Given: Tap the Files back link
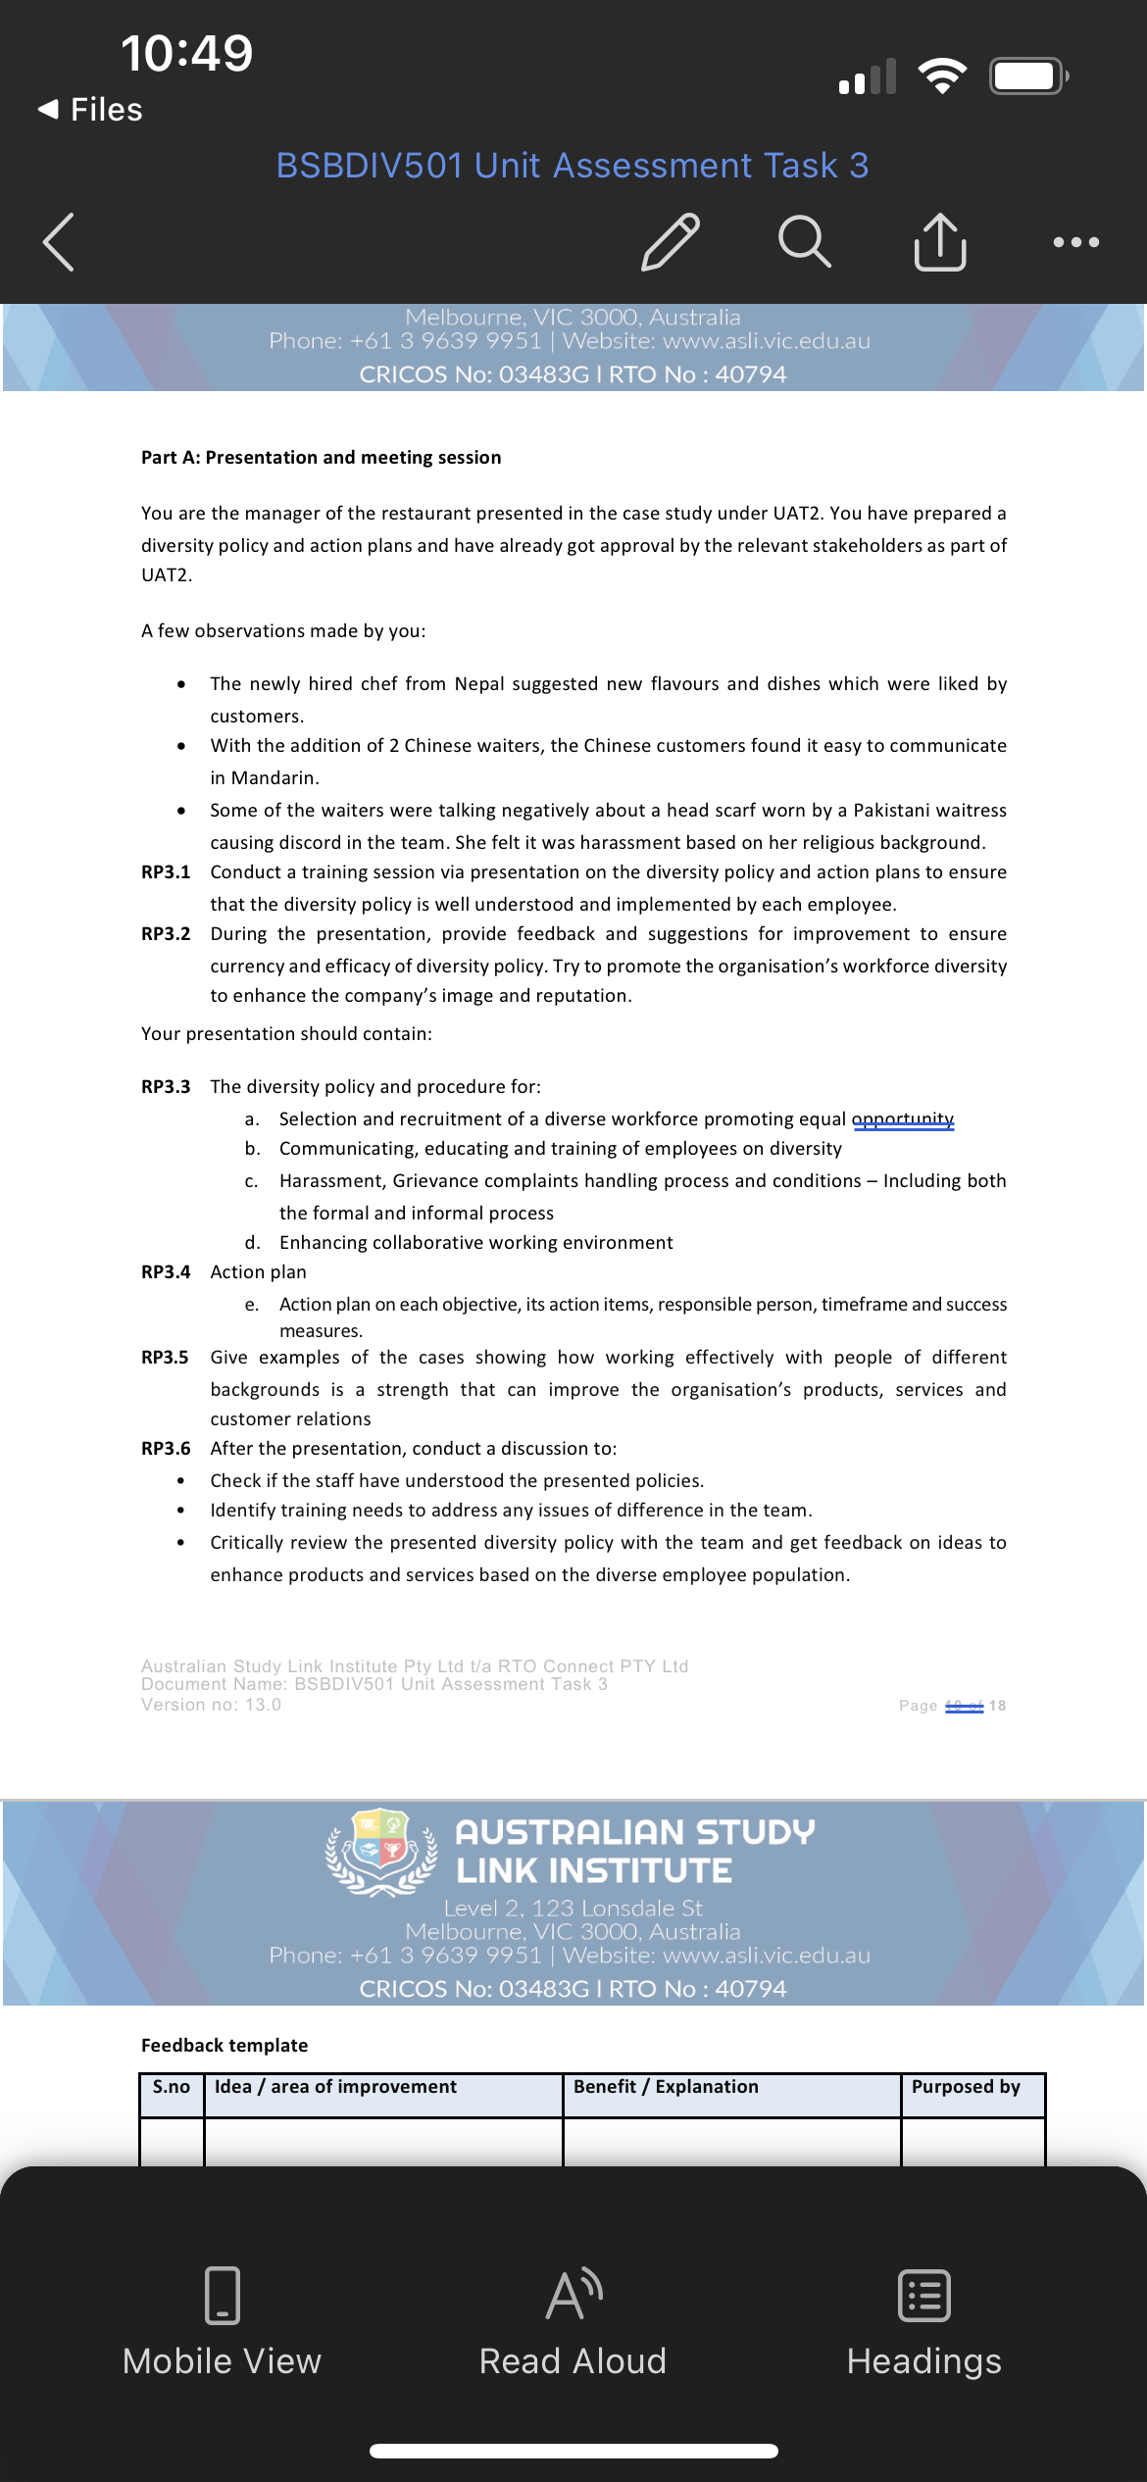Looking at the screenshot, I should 91,110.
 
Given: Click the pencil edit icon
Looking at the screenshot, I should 671,241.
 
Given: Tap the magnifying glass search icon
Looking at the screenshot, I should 805,241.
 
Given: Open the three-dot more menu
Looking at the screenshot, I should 1075,241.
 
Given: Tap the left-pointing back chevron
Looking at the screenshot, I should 59,241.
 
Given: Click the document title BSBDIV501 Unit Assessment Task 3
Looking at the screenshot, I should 573,166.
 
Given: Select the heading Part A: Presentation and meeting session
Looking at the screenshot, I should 321,458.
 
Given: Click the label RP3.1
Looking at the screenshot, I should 166,872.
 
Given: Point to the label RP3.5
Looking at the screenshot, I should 165,1358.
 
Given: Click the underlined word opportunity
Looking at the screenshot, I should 903,1119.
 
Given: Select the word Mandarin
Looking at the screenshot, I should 274,778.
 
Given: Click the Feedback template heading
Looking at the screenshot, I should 224,2046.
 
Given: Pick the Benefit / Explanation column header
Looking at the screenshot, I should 666,2087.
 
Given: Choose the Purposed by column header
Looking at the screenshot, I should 966,2087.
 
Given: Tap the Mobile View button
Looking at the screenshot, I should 222,2323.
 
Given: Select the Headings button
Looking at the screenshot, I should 923,2323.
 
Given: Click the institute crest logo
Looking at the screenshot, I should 381,1851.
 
